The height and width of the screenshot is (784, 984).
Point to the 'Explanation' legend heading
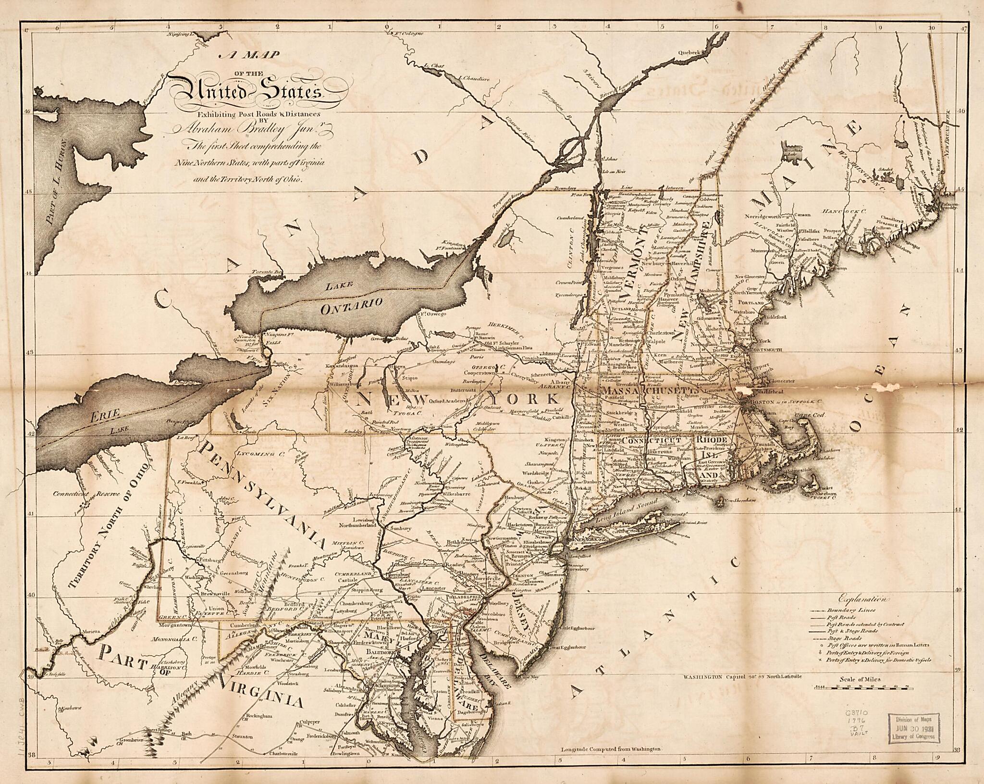(863, 599)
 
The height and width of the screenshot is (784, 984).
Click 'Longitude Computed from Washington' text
(611, 762)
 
